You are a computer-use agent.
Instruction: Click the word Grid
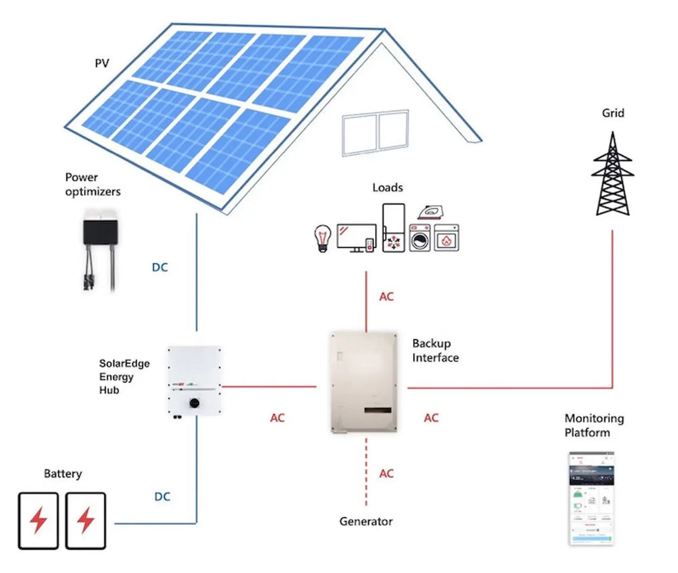[x=613, y=114]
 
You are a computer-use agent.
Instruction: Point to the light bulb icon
[x=322, y=238]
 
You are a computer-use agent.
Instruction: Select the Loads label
[x=387, y=187]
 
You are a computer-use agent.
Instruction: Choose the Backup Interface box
[x=363, y=383]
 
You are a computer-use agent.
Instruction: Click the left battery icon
[x=38, y=520]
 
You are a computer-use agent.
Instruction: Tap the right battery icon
[x=85, y=520]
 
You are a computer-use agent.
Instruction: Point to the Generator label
[x=366, y=521]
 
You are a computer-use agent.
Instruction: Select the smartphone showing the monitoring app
[x=591, y=498]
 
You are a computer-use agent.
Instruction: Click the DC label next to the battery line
[x=163, y=496]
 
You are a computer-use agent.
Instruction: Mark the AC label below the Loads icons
[x=387, y=296]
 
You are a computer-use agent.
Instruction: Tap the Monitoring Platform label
[x=594, y=425]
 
